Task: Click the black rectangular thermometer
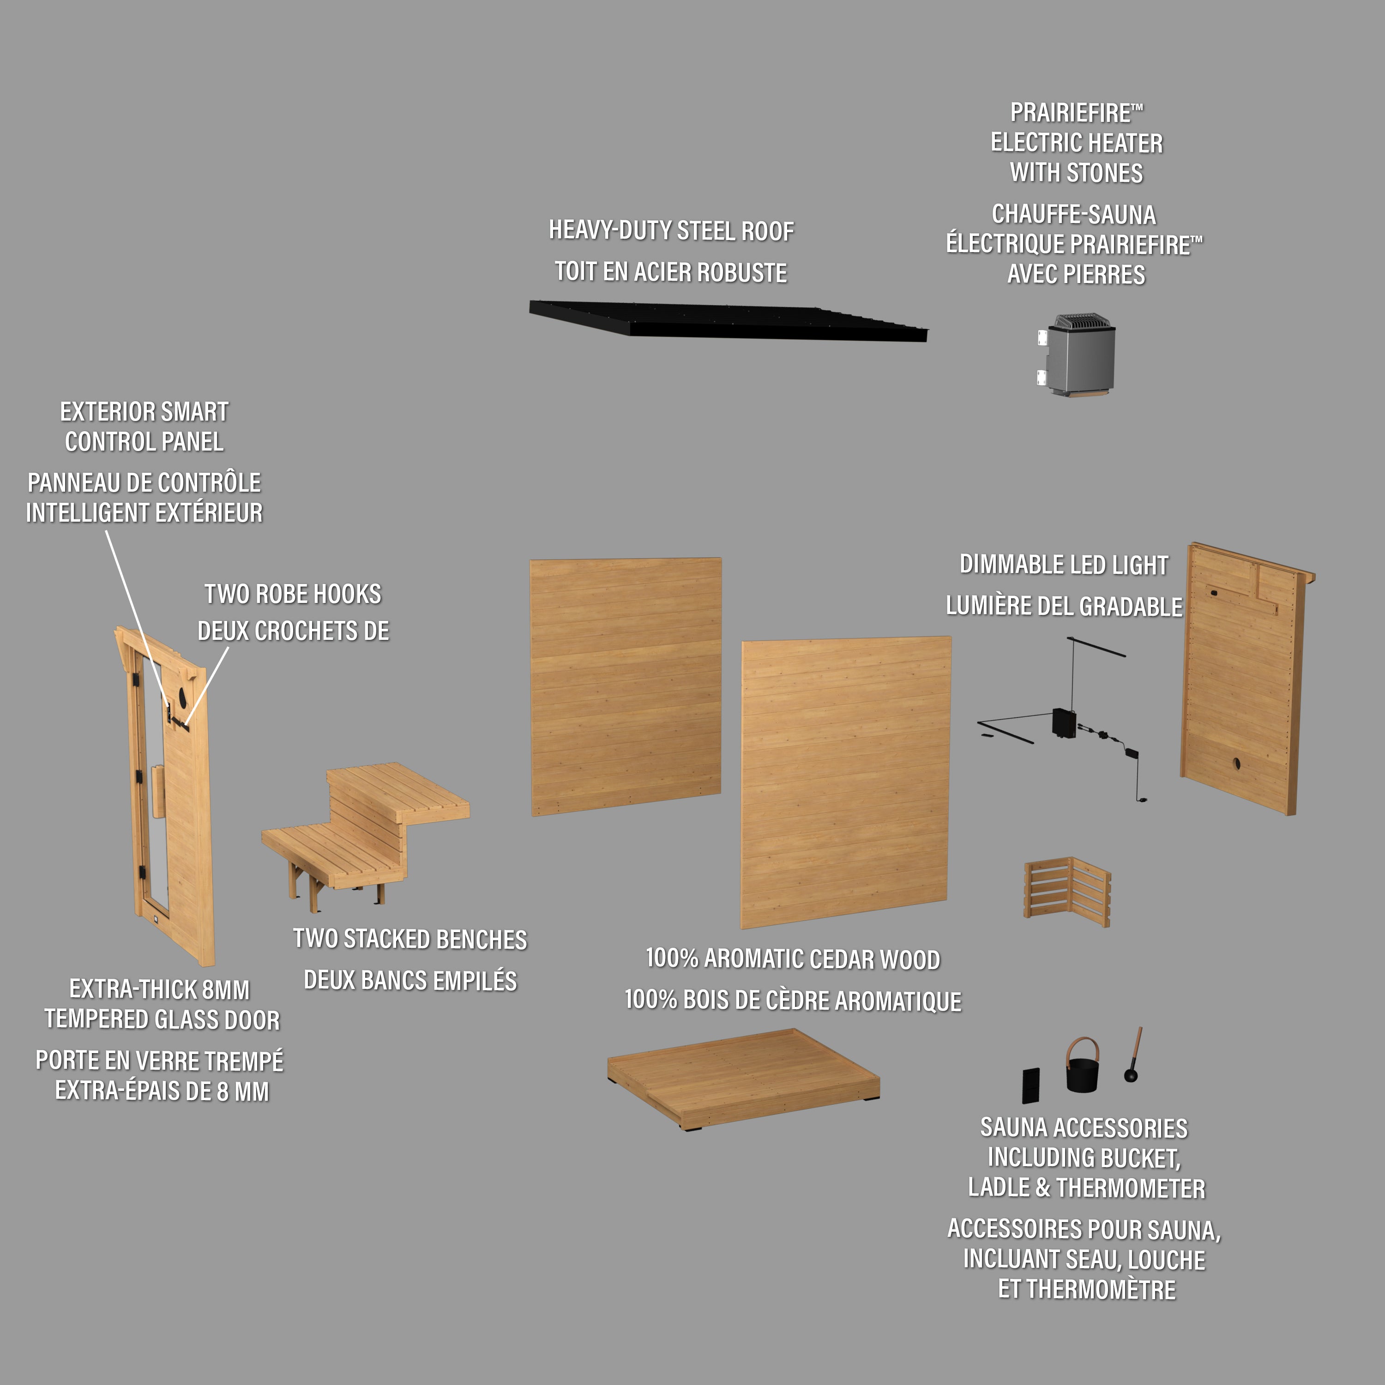click(1031, 1085)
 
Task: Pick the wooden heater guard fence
click(1067, 891)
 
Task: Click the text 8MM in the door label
click(225, 989)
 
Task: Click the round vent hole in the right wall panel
click(1237, 763)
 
